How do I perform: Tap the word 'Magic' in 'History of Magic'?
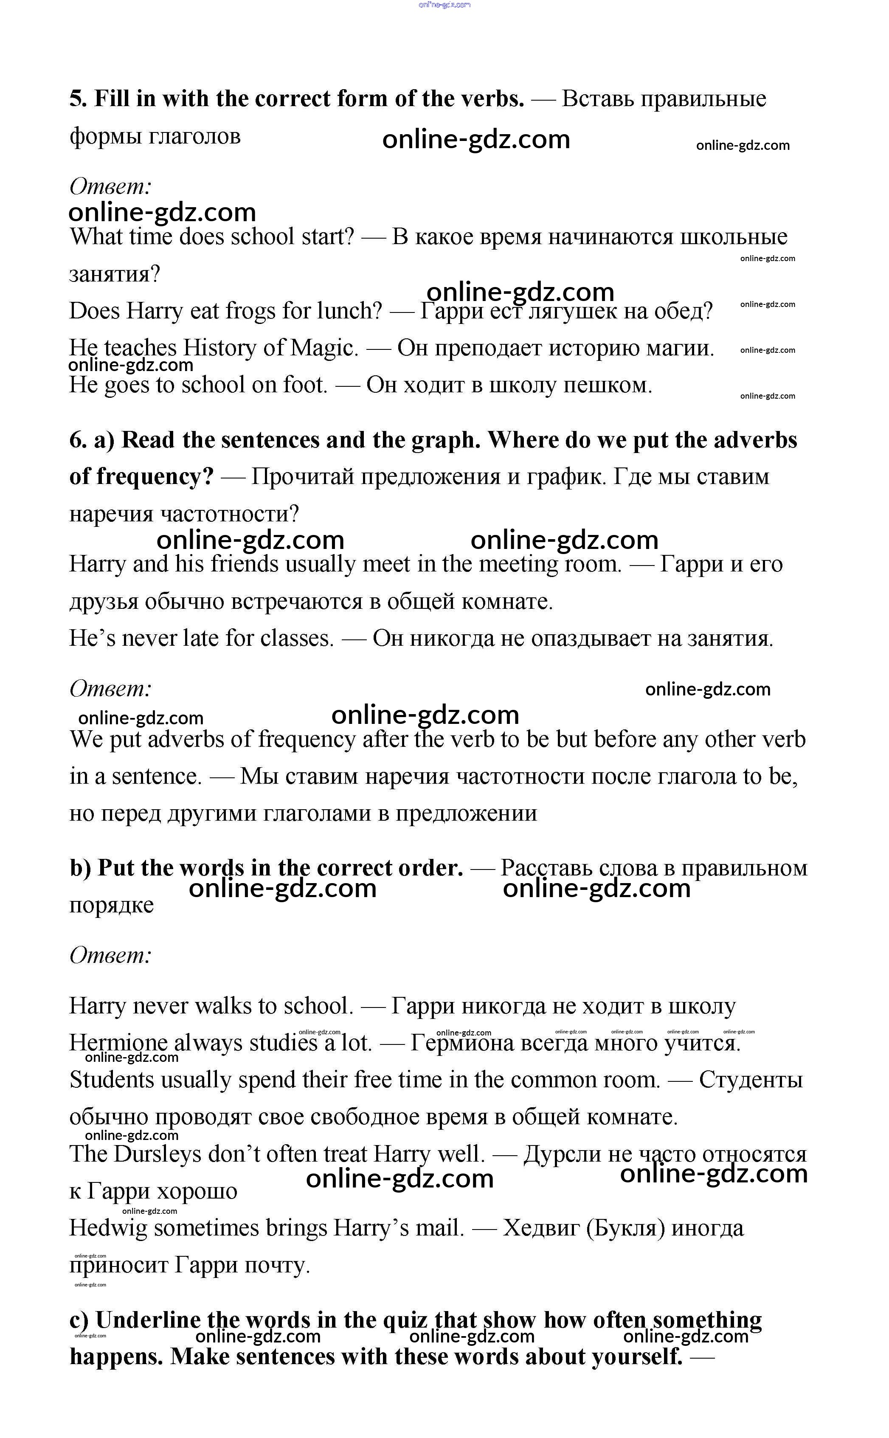pyautogui.click(x=324, y=348)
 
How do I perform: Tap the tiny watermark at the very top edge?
pyautogui.click(x=444, y=5)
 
